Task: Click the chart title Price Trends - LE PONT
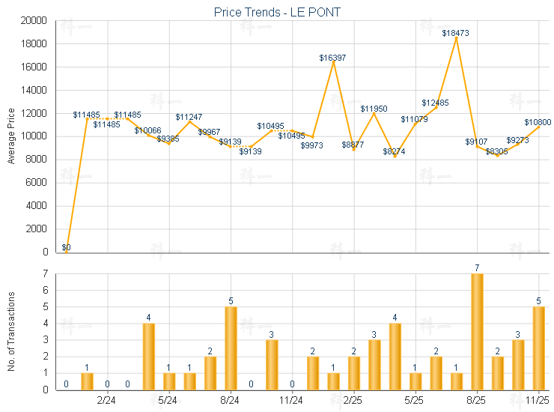pyautogui.click(x=277, y=12)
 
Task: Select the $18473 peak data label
pyautogui.click(x=455, y=33)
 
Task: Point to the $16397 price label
pyautogui.click(x=332, y=57)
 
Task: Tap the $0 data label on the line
pyautogui.click(x=66, y=247)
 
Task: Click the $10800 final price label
pyautogui.click(x=538, y=122)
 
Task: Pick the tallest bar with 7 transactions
pyautogui.click(x=476, y=331)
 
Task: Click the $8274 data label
pyautogui.click(x=395, y=151)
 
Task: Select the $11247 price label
pyautogui.click(x=189, y=117)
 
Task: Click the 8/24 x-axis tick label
pyautogui.click(x=230, y=402)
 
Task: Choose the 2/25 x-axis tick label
pyautogui.click(x=353, y=402)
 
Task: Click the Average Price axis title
pyautogui.click(x=11, y=135)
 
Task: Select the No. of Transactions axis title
pyautogui.click(x=11, y=330)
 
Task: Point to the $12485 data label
pyautogui.click(x=435, y=103)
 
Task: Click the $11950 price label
pyautogui.click(x=374, y=109)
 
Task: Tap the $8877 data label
pyautogui.click(x=353, y=145)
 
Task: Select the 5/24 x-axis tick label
pyautogui.click(x=168, y=402)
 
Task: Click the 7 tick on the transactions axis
pyautogui.click(x=46, y=274)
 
